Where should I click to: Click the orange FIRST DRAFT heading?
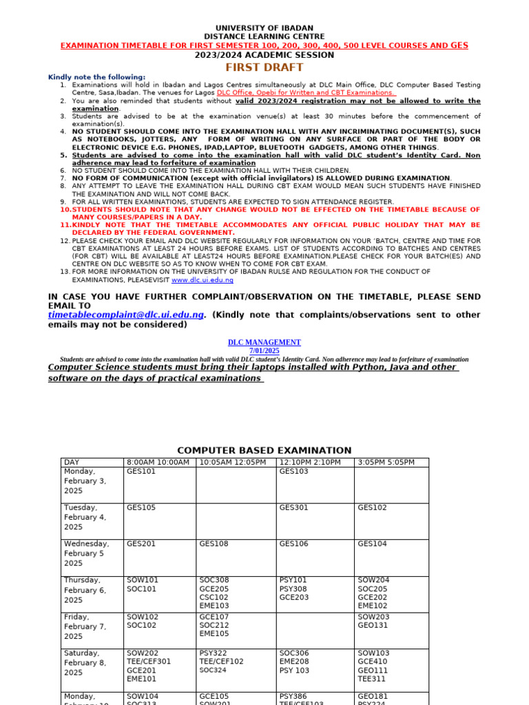click(x=264, y=67)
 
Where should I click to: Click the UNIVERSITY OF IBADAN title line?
click(x=264, y=28)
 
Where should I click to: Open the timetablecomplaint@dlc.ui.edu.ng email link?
click(x=126, y=315)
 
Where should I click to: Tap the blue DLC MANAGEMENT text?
click(x=264, y=342)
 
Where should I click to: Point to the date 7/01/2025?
click(x=264, y=351)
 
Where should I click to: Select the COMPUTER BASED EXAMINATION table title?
click(x=264, y=450)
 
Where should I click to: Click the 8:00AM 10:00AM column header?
click(x=158, y=462)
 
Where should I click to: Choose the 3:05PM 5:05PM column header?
click(x=386, y=462)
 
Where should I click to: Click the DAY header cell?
click(x=71, y=462)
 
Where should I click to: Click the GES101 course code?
click(x=141, y=472)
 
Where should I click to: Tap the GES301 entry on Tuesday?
click(x=293, y=507)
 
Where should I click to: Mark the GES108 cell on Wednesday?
click(x=214, y=544)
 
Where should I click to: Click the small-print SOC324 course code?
click(x=212, y=670)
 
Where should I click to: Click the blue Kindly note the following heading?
click(x=96, y=77)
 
